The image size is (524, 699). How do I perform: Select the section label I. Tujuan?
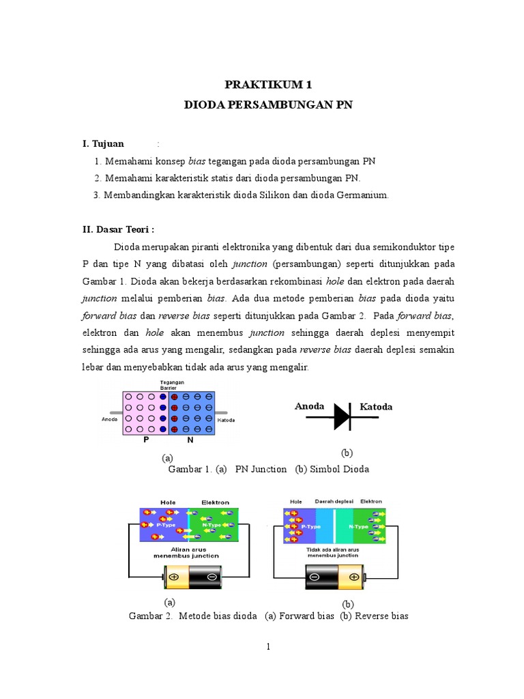pos(103,144)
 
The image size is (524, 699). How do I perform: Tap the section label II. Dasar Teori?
pos(118,229)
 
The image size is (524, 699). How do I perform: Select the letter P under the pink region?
pos(146,440)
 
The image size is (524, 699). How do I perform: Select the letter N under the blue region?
pos(191,440)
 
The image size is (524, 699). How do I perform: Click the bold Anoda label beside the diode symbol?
pos(309,407)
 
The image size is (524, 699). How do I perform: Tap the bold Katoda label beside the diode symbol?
pos(376,408)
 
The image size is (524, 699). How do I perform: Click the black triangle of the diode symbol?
pos(341,416)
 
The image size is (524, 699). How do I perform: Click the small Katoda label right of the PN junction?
pos(227,420)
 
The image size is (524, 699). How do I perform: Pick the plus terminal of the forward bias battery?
pos(174,577)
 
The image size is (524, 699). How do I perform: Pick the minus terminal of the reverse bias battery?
pos(314,577)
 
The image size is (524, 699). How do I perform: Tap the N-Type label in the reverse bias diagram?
pos(358,527)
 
